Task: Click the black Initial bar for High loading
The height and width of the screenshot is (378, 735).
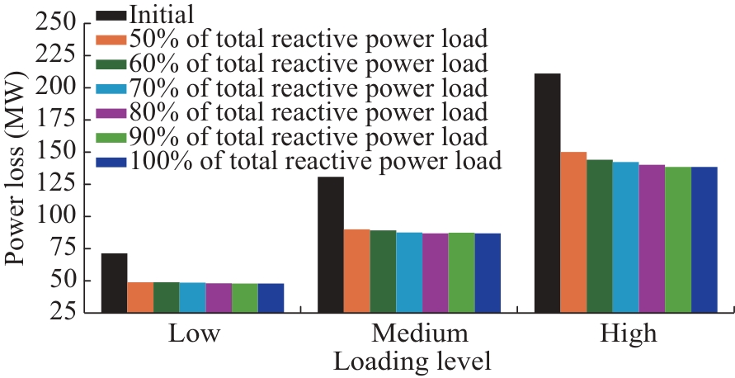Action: click(x=547, y=193)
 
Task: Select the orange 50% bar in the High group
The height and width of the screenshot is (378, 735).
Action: click(x=573, y=232)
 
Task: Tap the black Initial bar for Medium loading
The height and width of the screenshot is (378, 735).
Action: click(x=331, y=244)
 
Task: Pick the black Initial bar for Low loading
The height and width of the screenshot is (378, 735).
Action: click(x=115, y=283)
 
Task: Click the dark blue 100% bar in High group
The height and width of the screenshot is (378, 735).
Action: click(x=704, y=239)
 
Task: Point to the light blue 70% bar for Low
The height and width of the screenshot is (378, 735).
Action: click(x=193, y=297)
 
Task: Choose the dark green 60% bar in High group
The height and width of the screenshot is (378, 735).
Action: click(x=600, y=236)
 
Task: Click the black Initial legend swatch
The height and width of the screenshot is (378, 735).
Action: click(x=111, y=14)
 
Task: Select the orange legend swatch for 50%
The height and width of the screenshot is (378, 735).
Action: click(x=111, y=39)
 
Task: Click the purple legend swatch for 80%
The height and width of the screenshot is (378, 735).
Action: click(x=111, y=112)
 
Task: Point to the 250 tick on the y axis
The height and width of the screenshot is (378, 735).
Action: click(x=57, y=23)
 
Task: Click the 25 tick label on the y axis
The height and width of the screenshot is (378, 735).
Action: click(x=66, y=313)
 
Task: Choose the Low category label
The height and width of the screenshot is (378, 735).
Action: click(x=194, y=335)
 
